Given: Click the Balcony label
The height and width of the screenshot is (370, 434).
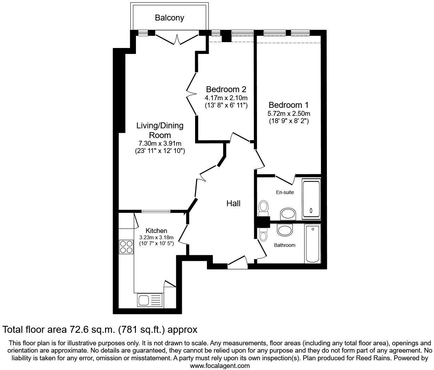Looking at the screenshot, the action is [x=169, y=18].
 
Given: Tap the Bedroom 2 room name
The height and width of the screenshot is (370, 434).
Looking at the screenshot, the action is [x=226, y=89].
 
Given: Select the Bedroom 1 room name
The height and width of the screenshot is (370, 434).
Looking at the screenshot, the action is [x=289, y=105].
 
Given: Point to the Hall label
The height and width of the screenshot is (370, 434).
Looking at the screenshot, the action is [x=233, y=203].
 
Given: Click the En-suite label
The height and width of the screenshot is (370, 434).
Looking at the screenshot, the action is [x=285, y=192].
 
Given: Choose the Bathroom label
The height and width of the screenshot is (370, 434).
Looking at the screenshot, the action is [x=284, y=245].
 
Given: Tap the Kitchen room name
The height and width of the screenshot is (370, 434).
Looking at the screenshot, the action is [x=156, y=231].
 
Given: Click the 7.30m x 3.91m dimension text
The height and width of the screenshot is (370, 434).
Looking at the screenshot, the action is [x=160, y=143].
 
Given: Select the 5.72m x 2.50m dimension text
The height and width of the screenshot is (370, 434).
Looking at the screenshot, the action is [x=289, y=114].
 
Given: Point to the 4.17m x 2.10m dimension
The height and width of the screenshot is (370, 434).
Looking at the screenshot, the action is [x=226, y=98].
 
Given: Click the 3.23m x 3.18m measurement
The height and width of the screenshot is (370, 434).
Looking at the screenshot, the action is [x=156, y=238].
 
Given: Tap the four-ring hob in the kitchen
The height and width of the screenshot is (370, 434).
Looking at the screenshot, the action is [x=126, y=247].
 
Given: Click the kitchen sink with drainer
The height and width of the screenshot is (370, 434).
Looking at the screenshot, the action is [x=150, y=299].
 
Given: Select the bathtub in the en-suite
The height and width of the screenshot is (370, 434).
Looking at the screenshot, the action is [x=311, y=199].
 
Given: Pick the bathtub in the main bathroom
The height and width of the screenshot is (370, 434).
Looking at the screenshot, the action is [x=313, y=243].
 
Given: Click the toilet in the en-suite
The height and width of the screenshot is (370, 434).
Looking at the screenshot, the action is [x=264, y=208].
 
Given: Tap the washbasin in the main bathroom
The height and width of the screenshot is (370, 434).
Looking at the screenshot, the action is [x=285, y=230].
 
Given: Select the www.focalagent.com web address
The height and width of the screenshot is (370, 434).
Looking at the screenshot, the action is [x=220, y=366].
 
